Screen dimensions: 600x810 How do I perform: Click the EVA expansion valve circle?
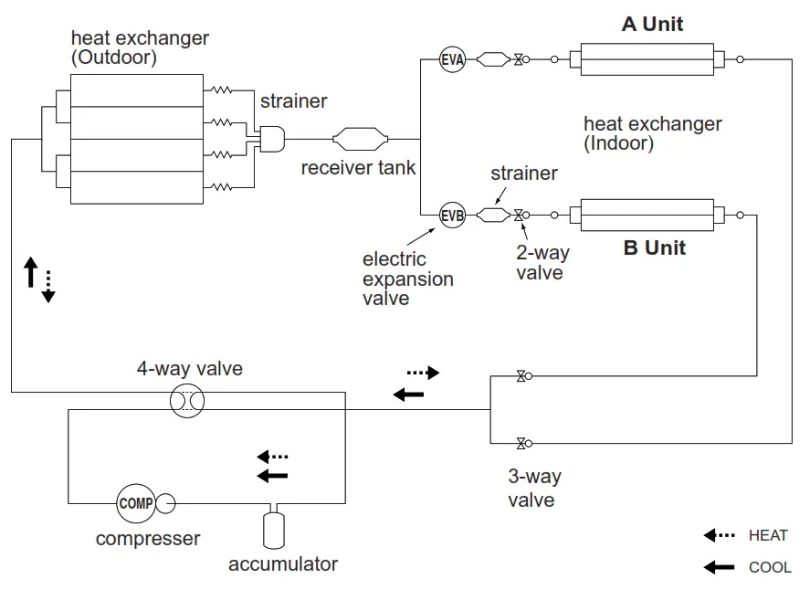[452, 60]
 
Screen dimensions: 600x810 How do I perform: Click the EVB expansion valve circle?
[452, 216]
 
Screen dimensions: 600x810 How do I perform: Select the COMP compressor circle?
[135, 502]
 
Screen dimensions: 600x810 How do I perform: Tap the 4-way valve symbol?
[187, 401]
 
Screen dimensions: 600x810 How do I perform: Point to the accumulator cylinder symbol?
[271, 529]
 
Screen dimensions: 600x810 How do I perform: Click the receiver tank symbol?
[361, 140]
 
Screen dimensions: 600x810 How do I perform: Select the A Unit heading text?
[652, 24]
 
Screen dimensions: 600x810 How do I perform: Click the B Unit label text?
[654, 247]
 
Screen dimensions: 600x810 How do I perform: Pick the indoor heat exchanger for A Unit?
[647, 60]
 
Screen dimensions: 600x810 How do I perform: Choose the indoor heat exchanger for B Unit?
[647, 216]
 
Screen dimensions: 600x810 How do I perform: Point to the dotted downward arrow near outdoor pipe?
[48, 286]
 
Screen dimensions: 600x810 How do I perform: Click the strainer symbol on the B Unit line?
[493, 216]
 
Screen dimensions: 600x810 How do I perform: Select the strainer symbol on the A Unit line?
[493, 60]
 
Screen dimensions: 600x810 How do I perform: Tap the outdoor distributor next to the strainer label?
[271, 140]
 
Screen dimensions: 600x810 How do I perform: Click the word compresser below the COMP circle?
[148, 538]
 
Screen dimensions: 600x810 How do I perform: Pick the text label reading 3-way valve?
[534, 488]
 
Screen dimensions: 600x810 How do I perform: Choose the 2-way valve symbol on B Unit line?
[519, 216]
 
